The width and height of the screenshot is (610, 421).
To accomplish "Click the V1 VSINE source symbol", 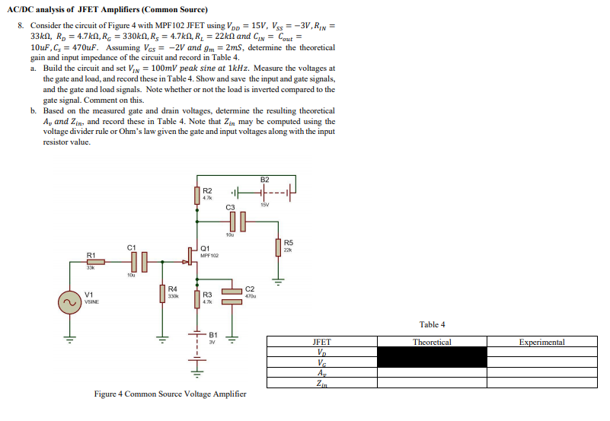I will tap(70, 301).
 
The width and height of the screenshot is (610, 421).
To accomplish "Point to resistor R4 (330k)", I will tap(161, 294).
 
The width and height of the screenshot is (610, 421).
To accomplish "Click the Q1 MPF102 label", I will tap(209, 251).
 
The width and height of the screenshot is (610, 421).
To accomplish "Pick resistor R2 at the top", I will tap(197, 192).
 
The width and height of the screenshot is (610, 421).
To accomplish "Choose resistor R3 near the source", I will tap(197, 298).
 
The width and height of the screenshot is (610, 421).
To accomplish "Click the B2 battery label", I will tap(264, 180).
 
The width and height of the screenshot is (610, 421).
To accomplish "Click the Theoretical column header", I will tap(432, 343).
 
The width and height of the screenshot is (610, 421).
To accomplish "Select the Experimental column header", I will tap(541, 343).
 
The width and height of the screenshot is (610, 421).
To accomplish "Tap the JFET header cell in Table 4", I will tap(322, 343).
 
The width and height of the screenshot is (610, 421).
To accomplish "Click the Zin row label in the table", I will tap(322, 383).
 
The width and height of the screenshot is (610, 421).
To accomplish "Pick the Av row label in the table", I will tap(322, 373).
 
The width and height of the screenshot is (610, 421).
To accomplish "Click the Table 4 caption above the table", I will tap(432, 324).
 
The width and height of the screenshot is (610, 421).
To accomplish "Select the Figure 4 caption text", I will tap(170, 394).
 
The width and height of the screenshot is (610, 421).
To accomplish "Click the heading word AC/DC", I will tap(30, 9).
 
